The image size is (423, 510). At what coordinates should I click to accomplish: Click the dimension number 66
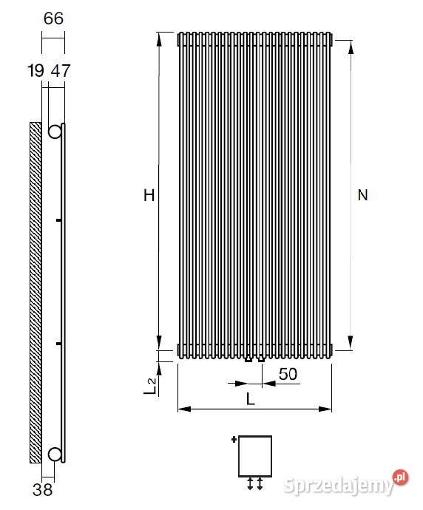click(53, 18)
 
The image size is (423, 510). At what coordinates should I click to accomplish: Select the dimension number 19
click(35, 70)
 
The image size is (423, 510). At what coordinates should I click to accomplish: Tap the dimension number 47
click(61, 70)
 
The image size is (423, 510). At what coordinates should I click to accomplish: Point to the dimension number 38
click(43, 490)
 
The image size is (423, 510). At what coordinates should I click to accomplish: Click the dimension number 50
click(288, 374)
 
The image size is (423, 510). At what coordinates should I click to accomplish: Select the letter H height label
click(149, 195)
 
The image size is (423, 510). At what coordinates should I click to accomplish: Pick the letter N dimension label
click(362, 195)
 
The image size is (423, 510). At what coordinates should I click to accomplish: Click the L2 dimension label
click(150, 386)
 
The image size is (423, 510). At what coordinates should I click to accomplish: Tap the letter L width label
click(250, 399)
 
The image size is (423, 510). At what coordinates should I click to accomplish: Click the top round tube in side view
click(55, 132)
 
